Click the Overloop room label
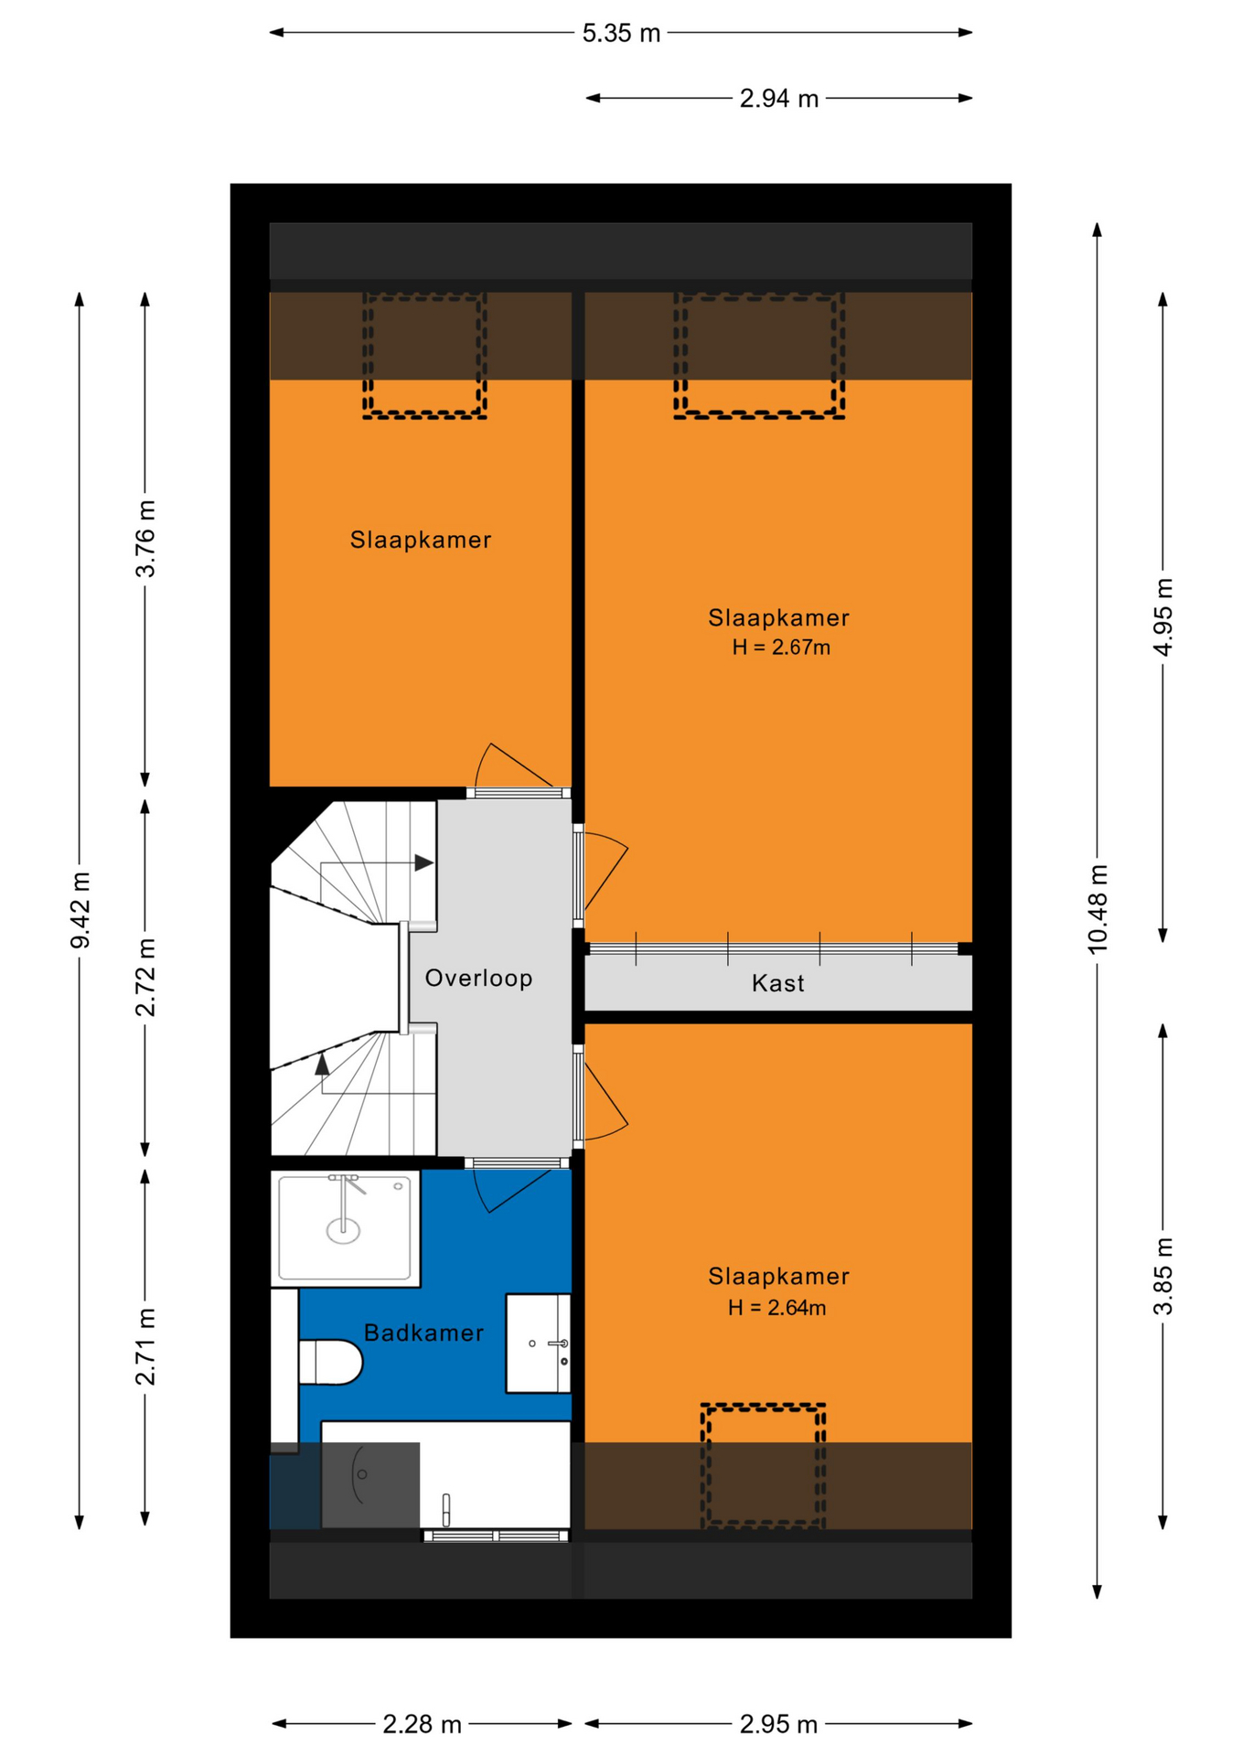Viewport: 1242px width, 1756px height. pyautogui.click(x=478, y=978)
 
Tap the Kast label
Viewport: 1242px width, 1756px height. pyautogui.click(x=777, y=983)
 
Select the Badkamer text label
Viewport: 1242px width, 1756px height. pyautogui.click(x=423, y=1333)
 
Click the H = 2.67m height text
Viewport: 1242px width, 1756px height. pyautogui.click(x=781, y=648)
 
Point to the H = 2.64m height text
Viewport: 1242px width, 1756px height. pyautogui.click(x=776, y=1308)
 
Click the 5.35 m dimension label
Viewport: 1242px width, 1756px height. pyautogui.click(x=621, y=34)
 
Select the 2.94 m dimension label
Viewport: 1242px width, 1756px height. pyautogui.click(x=778, y=99)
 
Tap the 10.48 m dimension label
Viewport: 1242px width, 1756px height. pyautogui.click(x=1097, y=909)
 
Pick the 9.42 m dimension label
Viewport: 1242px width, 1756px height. pyautogui.click(x=80, y=910)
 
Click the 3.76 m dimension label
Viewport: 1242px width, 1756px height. pyautogui.click(x=145, y=539)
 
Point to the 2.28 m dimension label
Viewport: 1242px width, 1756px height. pyautogui.click(x=422, y=1724)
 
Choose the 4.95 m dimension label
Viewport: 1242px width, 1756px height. pyautogui.click(x=1162, y=617)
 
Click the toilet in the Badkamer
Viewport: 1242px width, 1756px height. pyautogui.click(x=330, y=1362)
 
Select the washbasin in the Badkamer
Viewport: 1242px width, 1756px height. pyautogui.click(x=538, y=1343)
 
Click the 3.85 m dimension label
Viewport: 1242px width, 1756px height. pyautogui.click(x=1162, y=1276)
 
